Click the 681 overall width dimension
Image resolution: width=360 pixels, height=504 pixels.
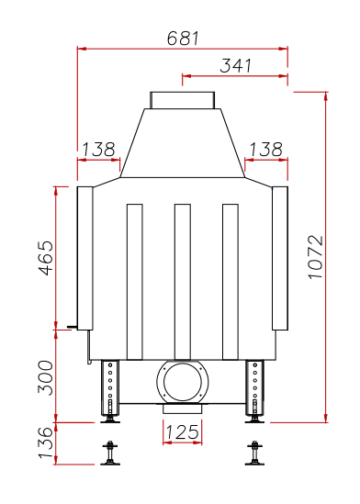[183, 39]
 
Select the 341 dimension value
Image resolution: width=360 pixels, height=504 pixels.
[236, 65]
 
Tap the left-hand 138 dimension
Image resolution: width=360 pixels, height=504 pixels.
[98, 150]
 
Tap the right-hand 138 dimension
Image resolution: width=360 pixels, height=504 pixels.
[265, 150]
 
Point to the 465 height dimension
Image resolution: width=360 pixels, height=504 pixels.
[46, 258]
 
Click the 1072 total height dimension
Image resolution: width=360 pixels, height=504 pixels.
[316, 257]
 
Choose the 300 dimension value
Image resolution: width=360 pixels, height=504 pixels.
[46, 377]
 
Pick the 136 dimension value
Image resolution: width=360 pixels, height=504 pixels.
[46, 442]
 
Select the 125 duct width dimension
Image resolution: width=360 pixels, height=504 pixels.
[182, 432]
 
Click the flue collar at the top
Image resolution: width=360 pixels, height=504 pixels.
[182, 100]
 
